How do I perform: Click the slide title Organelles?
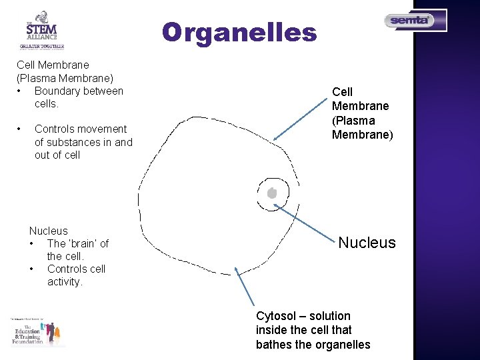[x=239, y=32]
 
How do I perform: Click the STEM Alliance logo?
[x=41, y=30]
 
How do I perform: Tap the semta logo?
[x=415, y=21]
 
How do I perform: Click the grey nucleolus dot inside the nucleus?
[x=271, y=193]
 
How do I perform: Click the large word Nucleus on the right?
[x=367, y=243]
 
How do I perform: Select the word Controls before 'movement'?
[x=55, y=129]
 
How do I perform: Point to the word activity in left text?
[x=65, y=282]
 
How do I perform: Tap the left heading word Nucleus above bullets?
[x=48, y=231]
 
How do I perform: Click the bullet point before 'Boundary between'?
[x=22, y=91]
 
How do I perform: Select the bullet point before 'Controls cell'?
[x=33, y=269]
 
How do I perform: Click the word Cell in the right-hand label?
[x=342, y=92]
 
